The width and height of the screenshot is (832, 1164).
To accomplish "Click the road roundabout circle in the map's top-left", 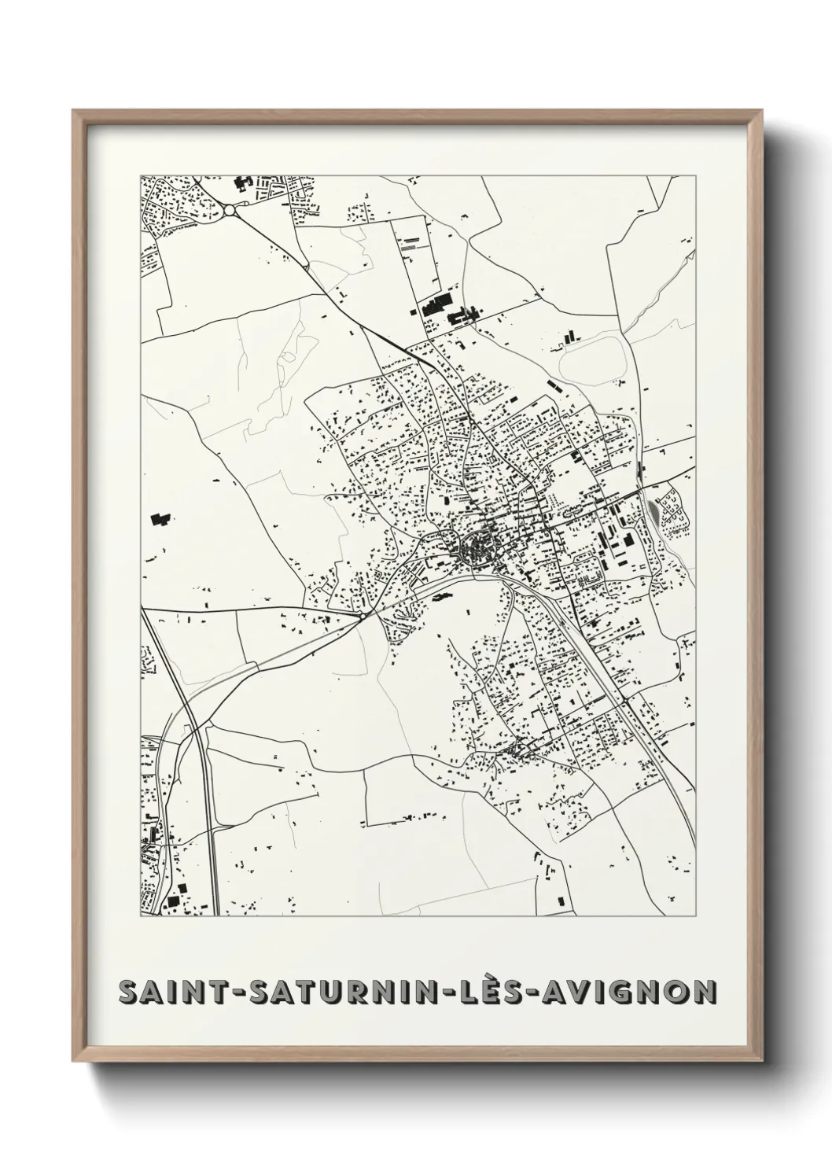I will (230, 210).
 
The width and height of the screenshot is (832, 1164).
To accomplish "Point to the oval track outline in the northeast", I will (592, 364).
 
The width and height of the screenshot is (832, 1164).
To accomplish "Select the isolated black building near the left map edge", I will (160, 519).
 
